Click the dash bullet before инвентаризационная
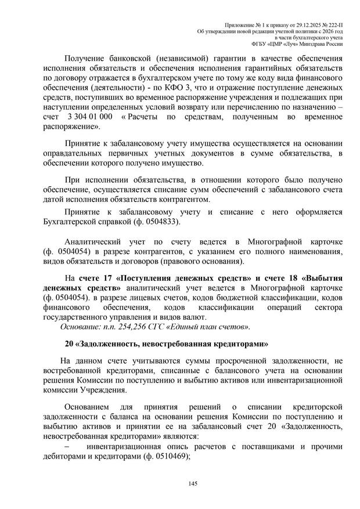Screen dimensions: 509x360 (x=66, y=446)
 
